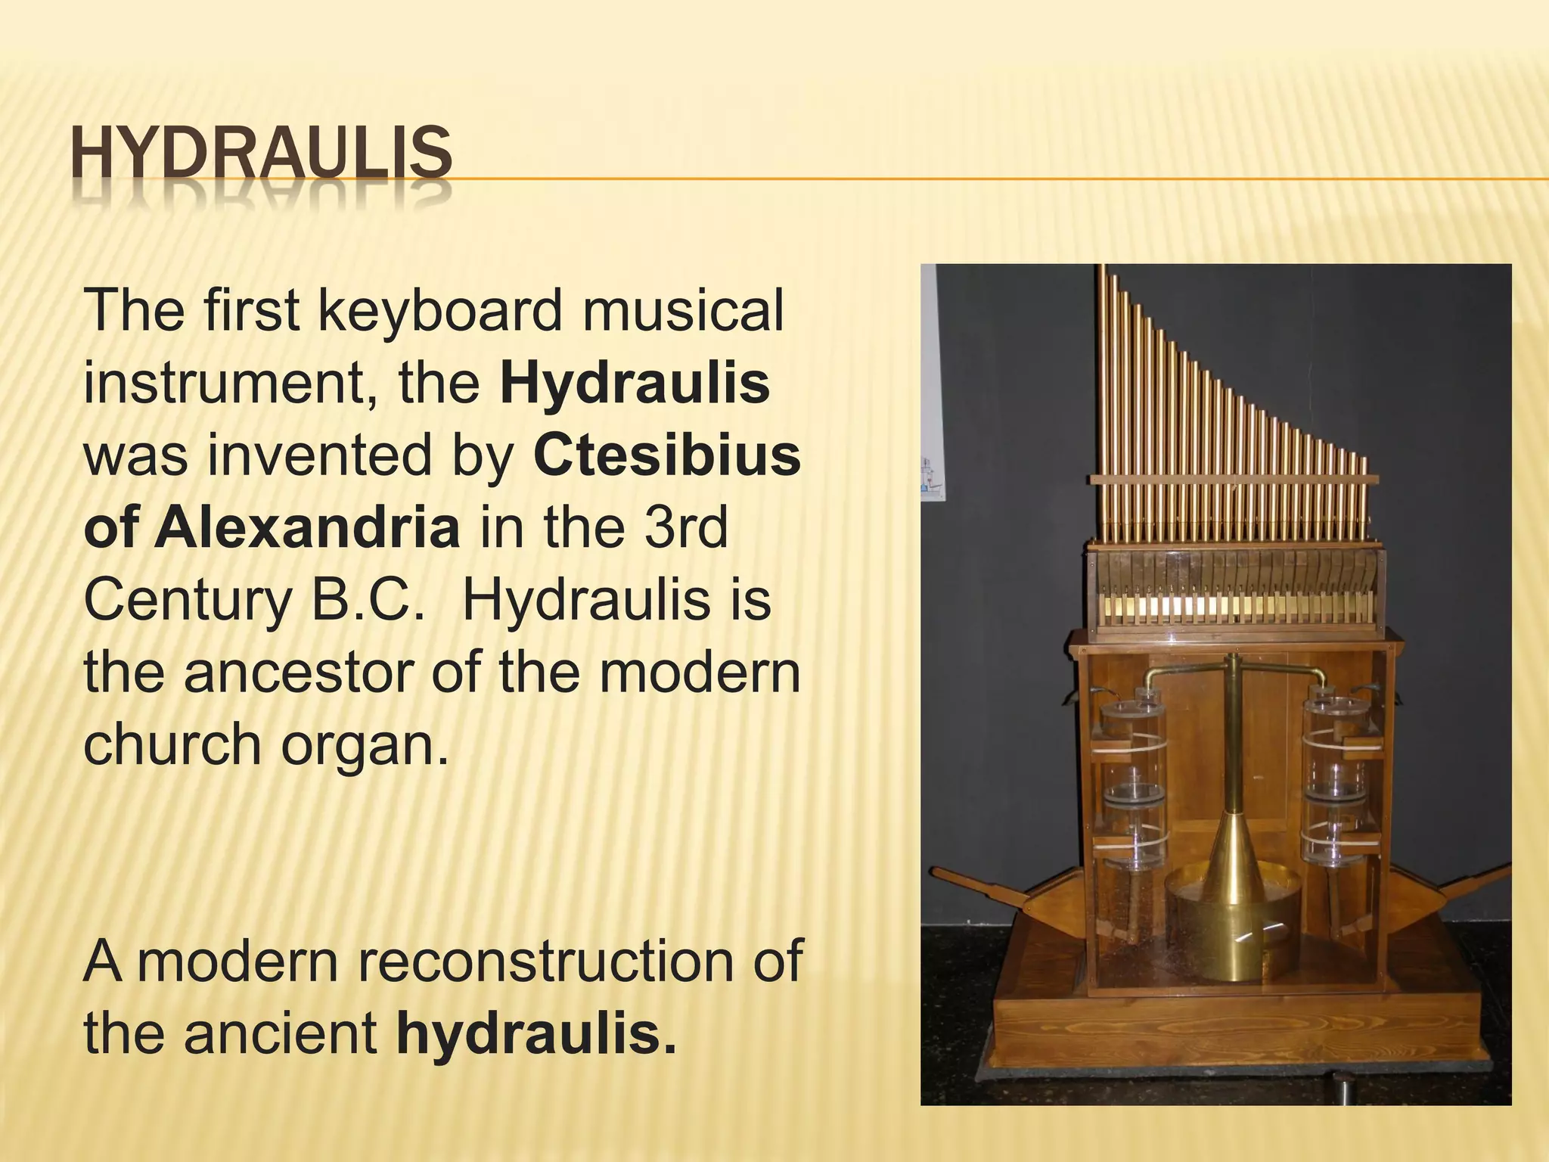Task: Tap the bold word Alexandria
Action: pos(307,528)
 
